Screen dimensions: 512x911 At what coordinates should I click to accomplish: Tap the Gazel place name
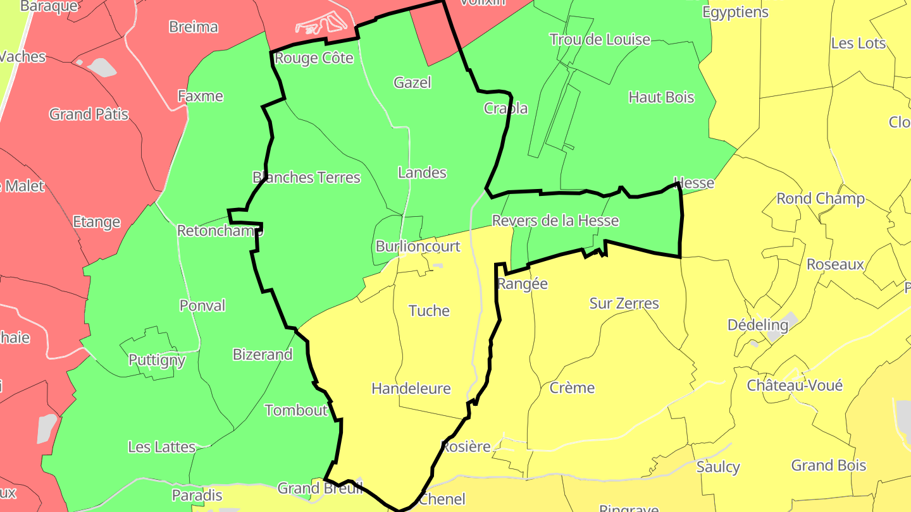(x=412, y=82)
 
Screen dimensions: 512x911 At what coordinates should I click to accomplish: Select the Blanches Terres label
(x=306, y=178)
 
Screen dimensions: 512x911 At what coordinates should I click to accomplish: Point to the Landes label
(x=422, y=173)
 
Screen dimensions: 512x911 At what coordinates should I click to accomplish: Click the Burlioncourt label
(x=418, y=246)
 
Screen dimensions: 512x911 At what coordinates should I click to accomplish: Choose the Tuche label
(x=429, y=310)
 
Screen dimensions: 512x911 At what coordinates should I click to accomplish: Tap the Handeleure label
(x=411, y=388)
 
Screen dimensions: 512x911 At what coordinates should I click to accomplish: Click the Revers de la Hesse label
(x=555, y=221)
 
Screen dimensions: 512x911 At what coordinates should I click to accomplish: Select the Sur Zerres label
(x=624, y=303)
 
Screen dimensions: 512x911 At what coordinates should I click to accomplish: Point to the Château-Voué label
(x=795, y=385)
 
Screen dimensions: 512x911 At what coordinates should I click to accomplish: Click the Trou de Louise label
(x=600, y=39)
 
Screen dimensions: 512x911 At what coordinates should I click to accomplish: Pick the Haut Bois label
(x=661, y=97)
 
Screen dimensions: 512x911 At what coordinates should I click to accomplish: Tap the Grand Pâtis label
(x=89, y=114)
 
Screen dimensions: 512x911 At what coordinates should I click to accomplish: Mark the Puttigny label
(x=157, y=360)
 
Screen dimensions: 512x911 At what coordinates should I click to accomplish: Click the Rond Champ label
(x=821, y=198)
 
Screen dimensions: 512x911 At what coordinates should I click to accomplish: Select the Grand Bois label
(x=828, y=465)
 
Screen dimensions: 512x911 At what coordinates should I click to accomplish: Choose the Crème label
(x=572, y=387)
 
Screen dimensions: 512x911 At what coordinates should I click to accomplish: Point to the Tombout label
(x=296, y=410)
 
